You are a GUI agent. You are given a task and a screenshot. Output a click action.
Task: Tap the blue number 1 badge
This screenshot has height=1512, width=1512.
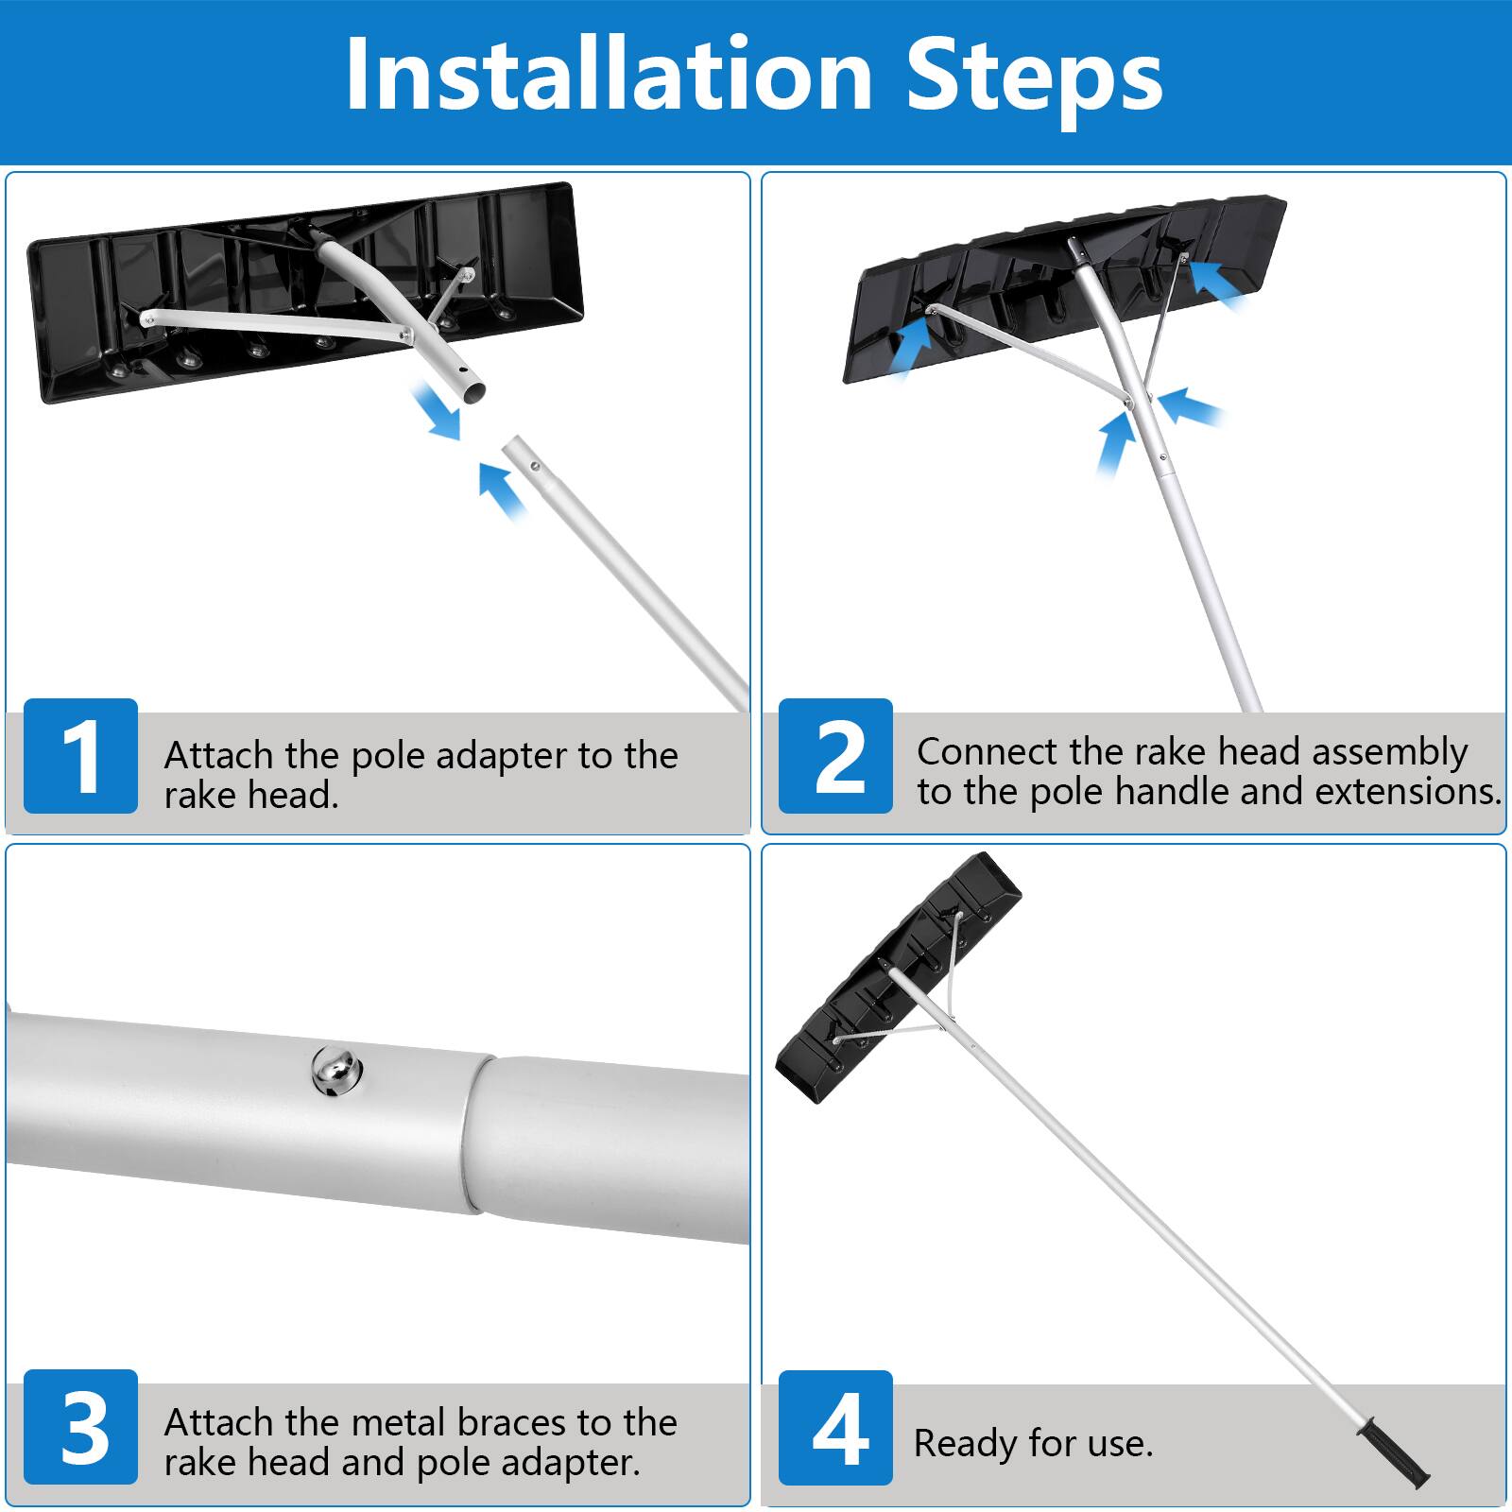pyautogui.click(x=80, y=756)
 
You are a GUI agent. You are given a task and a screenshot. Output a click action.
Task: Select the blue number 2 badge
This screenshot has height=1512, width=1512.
pyautogui.click(x=835, y=756)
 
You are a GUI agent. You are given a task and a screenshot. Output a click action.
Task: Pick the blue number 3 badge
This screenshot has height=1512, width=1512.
pyautogui.click(x=80, y=1427)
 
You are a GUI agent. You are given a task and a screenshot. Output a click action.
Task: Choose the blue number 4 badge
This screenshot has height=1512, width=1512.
pyautogui.click(x=835, y=1427)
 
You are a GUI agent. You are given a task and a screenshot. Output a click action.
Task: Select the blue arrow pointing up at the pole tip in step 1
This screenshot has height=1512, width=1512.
pyautogui.click(x=502, y=490)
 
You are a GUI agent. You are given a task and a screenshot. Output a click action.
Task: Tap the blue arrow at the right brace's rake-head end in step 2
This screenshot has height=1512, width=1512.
pyautogui.click(x=1219, y=283)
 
